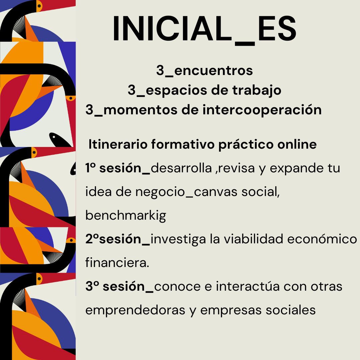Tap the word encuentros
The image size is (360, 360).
pos(214,70)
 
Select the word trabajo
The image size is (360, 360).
pos(257,90)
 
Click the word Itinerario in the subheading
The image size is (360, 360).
pos(118,144)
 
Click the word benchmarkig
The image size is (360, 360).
pos(126,216)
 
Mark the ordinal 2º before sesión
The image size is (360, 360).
pos(92,239)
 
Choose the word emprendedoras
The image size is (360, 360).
pos(135,310)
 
